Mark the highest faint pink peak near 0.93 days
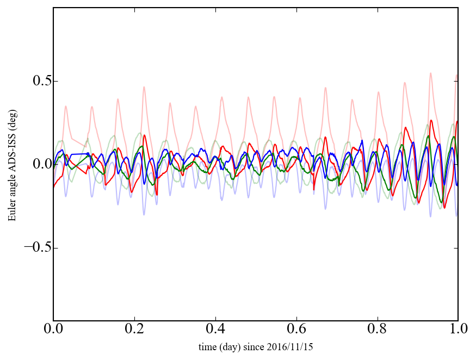point(430,73)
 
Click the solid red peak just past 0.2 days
point(145,135)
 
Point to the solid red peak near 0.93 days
point(431,120)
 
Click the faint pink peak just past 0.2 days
point(144,86)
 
